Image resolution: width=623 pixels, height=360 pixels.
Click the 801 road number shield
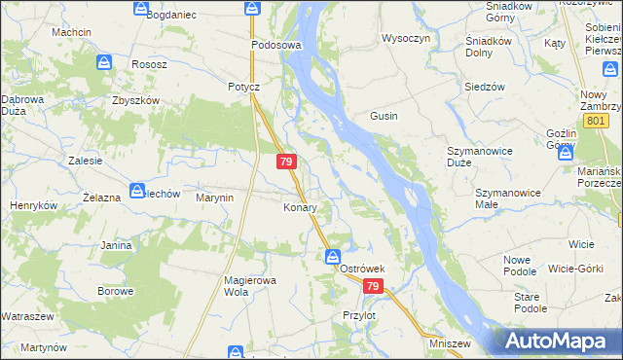pyautogui.click(x=596, y=120)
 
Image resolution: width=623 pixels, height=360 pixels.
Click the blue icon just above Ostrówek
pyautogui.click(x=332, y=257)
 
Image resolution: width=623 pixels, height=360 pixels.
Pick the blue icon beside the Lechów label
pyautogui.click(x=138, y=191)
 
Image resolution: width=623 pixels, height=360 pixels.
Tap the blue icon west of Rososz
pyautogui.click(x=104, y=63)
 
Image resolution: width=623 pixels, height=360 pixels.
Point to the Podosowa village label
pyautogui.click(x=276, y=45)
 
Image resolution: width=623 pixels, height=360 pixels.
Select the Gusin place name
pyautogui.click(x=384, y=116)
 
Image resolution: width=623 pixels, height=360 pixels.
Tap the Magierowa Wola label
pyautogui.click(x=251, y=286)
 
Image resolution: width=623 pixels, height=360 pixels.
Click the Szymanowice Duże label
pyautogui.click(x=480, y=157)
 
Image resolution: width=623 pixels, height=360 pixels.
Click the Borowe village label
pyautogui.click(x=115, y=291)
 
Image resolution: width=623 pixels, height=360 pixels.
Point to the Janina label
pyautogui.click(x=115, y=245)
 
